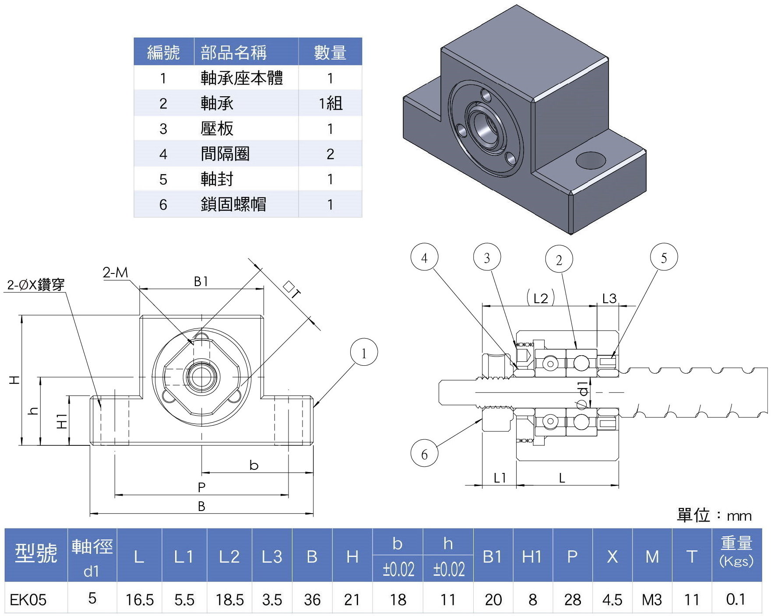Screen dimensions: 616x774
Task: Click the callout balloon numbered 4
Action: click(424, 258)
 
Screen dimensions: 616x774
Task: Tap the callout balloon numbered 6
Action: click(424, 454)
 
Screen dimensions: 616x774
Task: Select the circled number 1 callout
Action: click(364, 353)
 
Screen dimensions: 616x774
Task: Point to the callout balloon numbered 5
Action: click(664, 257)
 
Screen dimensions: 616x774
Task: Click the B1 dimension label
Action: click(201, 281)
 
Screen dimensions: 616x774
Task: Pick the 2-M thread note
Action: click(116, 273)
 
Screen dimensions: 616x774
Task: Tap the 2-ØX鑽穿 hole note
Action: click(36, 285)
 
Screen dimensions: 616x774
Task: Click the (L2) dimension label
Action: click(541, 298)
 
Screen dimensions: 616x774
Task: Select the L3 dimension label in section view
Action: click(609, 298)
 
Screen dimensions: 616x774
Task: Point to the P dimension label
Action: click(201, 487)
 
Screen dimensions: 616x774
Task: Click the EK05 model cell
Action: click(28, 599)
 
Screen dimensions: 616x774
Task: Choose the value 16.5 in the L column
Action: click(140, 599)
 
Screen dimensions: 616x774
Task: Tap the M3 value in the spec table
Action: click(652, 599)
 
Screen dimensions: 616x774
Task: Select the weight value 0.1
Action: click(735, 599)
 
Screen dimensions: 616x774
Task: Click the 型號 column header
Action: click(36, 554)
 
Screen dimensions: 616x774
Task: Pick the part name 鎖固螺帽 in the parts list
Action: click(233, 204)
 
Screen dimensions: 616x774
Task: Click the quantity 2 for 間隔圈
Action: click(330, 154)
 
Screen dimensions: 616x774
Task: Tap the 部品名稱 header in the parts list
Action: click(233, 52)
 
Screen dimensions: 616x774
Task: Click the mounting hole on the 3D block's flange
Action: click(591, 160)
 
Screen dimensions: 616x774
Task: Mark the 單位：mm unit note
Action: click(714, 515)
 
